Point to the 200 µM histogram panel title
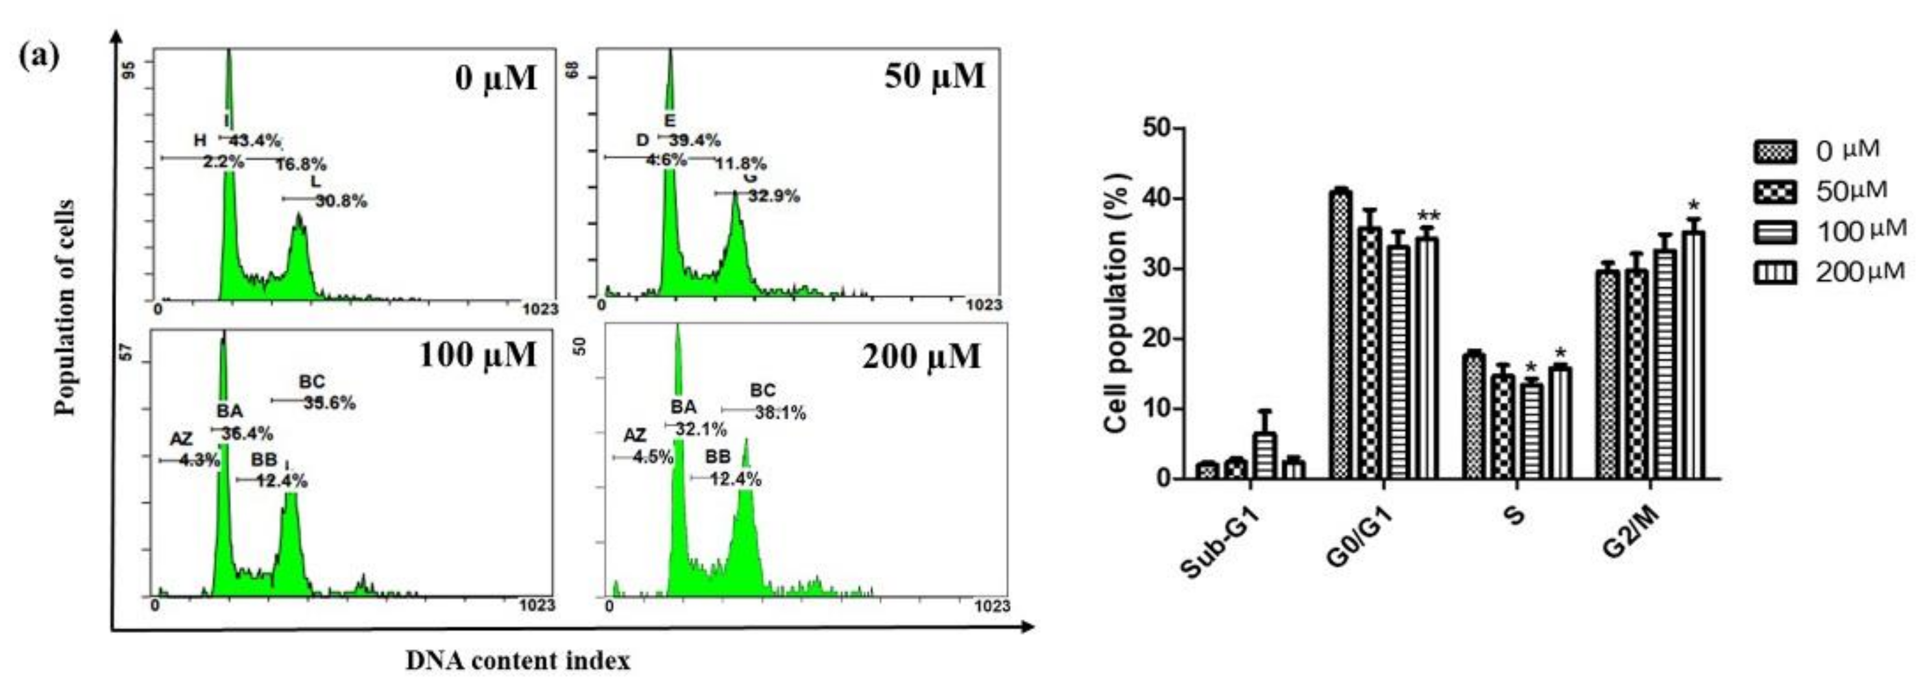point(921,356)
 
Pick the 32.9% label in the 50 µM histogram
point(773,197)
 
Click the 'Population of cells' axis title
point(66,307)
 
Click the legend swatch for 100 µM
point(1774,233)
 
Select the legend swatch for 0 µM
point(1774,153)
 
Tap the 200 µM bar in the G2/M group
point(1691,355)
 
